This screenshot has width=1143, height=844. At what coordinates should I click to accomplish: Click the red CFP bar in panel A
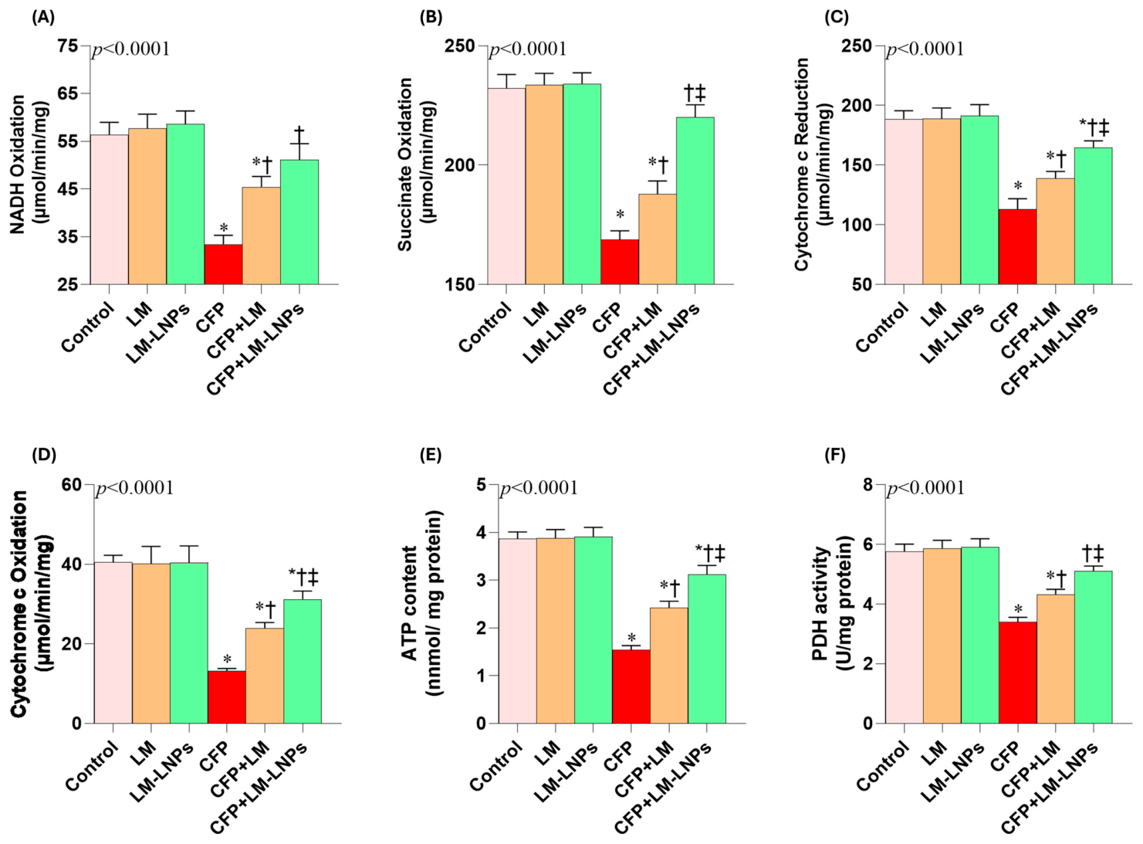[223, 264]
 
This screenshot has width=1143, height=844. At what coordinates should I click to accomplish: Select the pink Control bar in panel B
[506, 186]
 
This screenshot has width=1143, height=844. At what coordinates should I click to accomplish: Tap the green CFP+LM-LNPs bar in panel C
[1093, 216]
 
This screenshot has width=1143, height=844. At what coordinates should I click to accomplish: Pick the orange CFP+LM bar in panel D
[265, 676]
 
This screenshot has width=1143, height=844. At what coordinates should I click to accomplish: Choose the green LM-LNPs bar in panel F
[979, 635]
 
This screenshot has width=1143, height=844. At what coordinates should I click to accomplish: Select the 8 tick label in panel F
[868, 485]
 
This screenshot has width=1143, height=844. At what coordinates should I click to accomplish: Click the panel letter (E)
[431, 456]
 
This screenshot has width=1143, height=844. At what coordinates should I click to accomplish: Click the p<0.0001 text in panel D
[135, 488]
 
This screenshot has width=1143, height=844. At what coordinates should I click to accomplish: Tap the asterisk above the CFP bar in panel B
[620, 213]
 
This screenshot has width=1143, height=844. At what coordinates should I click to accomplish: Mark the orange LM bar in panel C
[942, 202]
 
